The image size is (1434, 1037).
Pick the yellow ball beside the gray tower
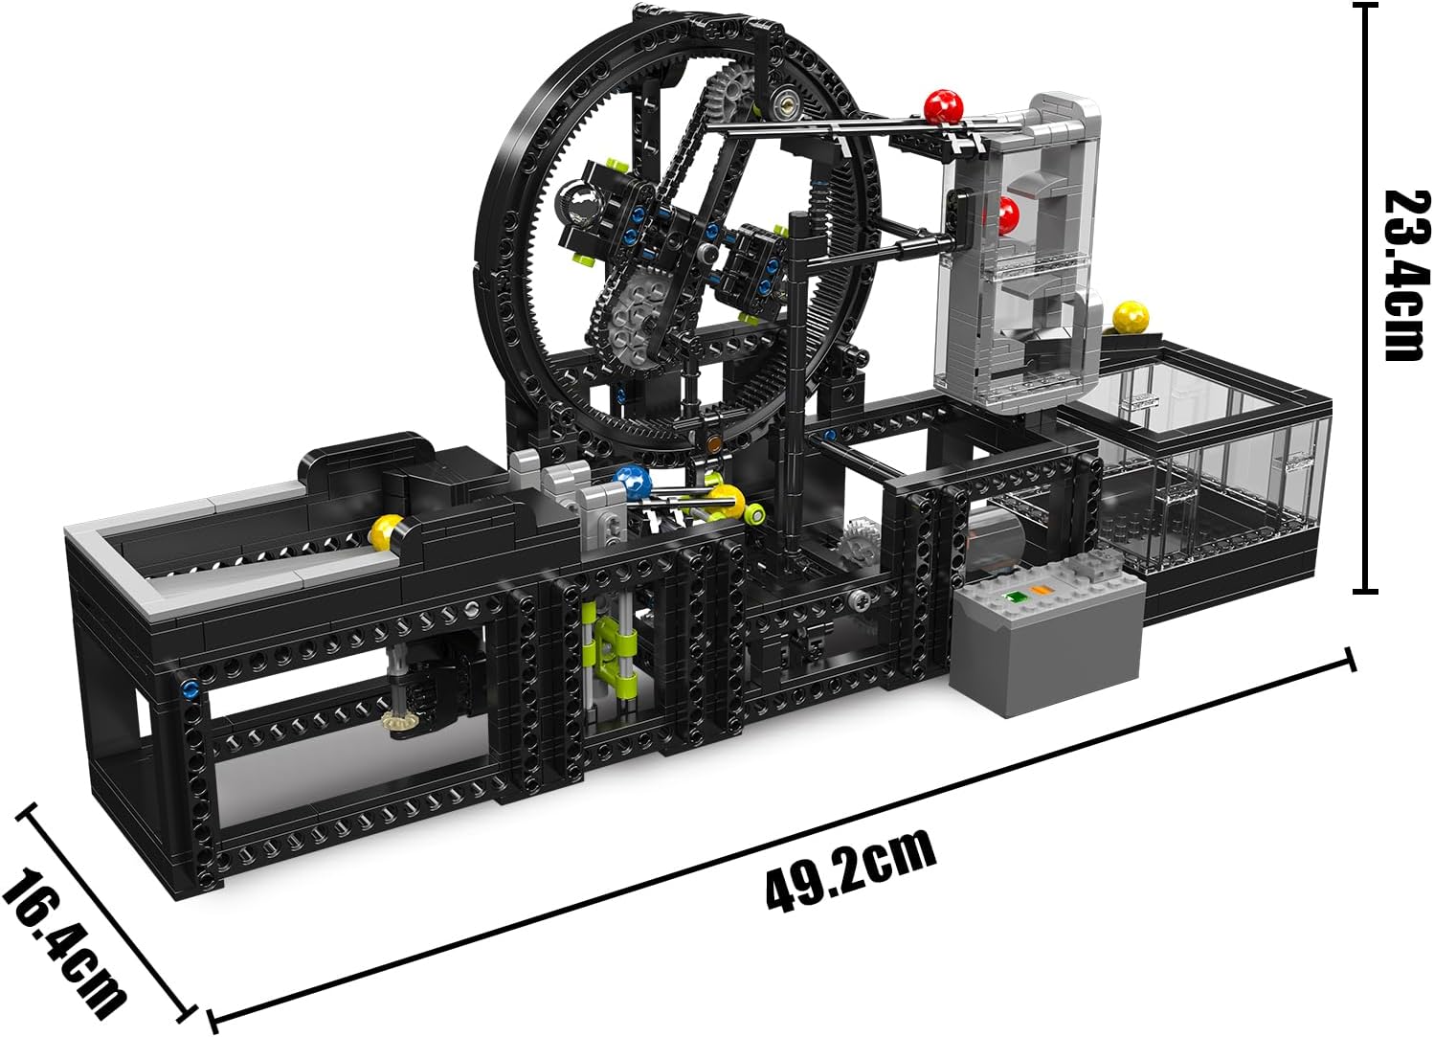[1131, 317]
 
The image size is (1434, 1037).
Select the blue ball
[631, 482]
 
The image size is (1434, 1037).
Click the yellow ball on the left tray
[388, 533]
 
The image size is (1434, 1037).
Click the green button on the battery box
[1014, 597]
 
